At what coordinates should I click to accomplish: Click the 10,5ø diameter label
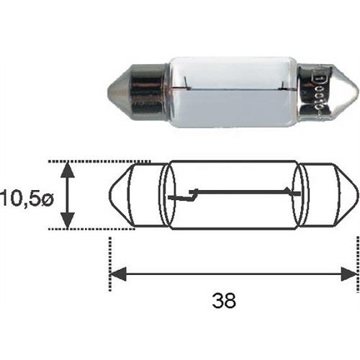pyautogui.click(x=27, y=196)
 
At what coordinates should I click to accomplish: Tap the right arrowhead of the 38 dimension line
pyautogui.click(x=351, y=274)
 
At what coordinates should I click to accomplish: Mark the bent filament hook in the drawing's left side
pyautogui.click(x=192, y=193)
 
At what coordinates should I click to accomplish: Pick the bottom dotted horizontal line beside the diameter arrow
pyautogui.click(x=94, y=229)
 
